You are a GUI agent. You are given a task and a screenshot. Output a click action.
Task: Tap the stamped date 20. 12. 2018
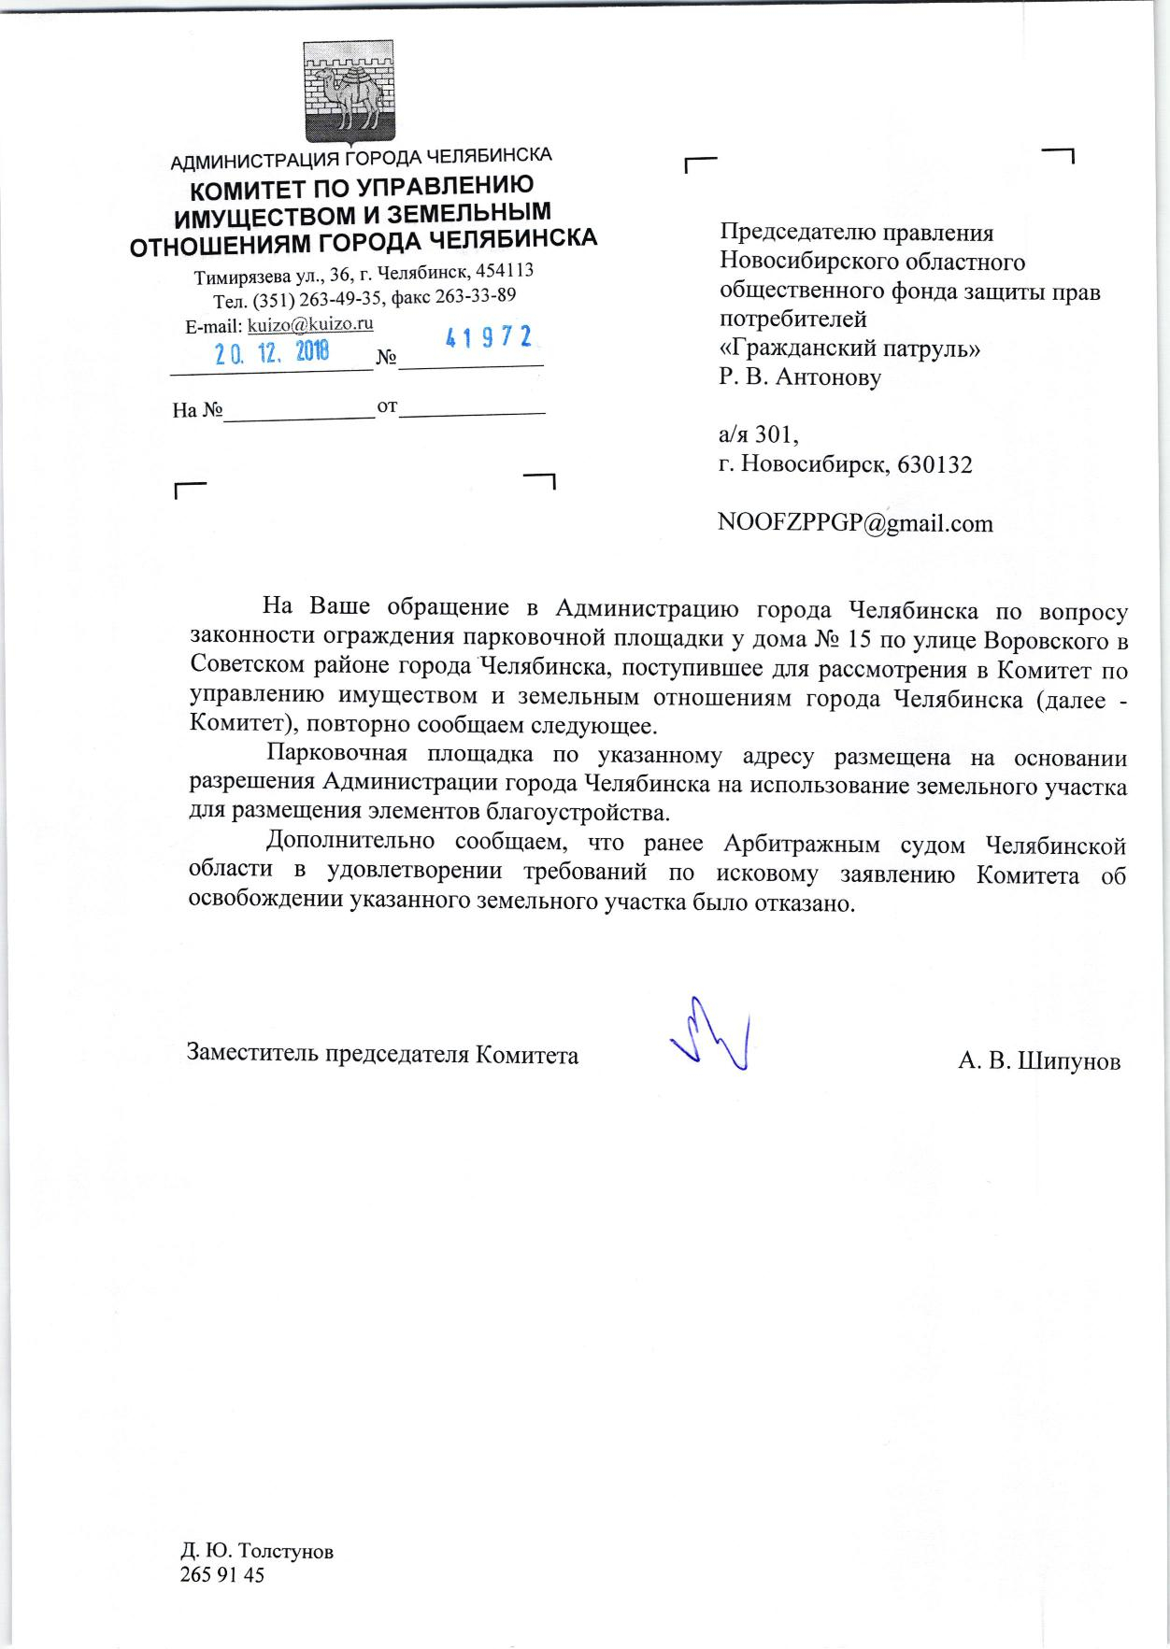(x=273, y=354)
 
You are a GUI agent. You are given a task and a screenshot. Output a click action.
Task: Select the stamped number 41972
(x=489, y=338)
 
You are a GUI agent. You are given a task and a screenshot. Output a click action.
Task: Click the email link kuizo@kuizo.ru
(x=310, y=325)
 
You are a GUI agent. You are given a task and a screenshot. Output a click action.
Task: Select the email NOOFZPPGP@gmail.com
(x=855, y=523)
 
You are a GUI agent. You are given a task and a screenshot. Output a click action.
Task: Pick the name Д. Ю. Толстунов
(x=257, y=1551)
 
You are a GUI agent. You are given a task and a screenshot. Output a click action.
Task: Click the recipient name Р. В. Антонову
(x=800, y=377)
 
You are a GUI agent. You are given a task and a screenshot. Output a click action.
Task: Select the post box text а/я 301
(x=758, y=435)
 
